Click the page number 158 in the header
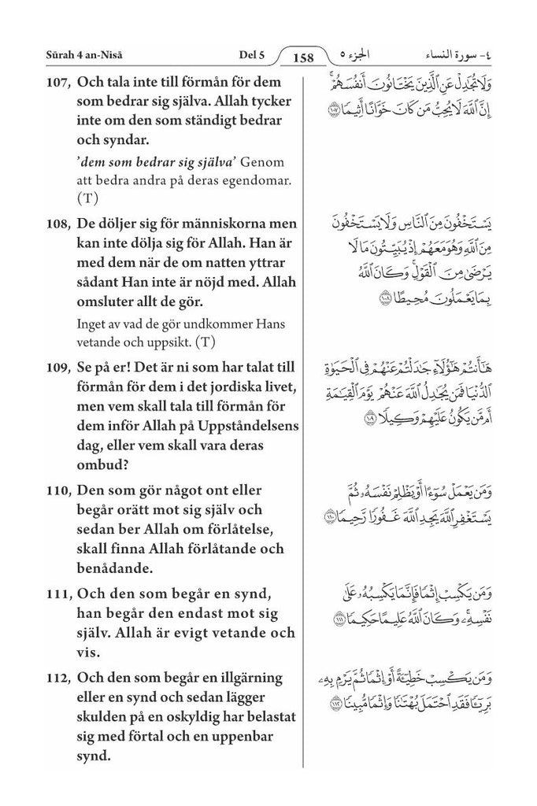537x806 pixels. coord(303,57)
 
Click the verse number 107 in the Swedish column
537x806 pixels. coord(59,82)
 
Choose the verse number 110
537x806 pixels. coord(59,490)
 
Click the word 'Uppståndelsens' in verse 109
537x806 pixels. coord(244,426)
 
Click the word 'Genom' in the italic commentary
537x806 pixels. coord(258,163)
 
